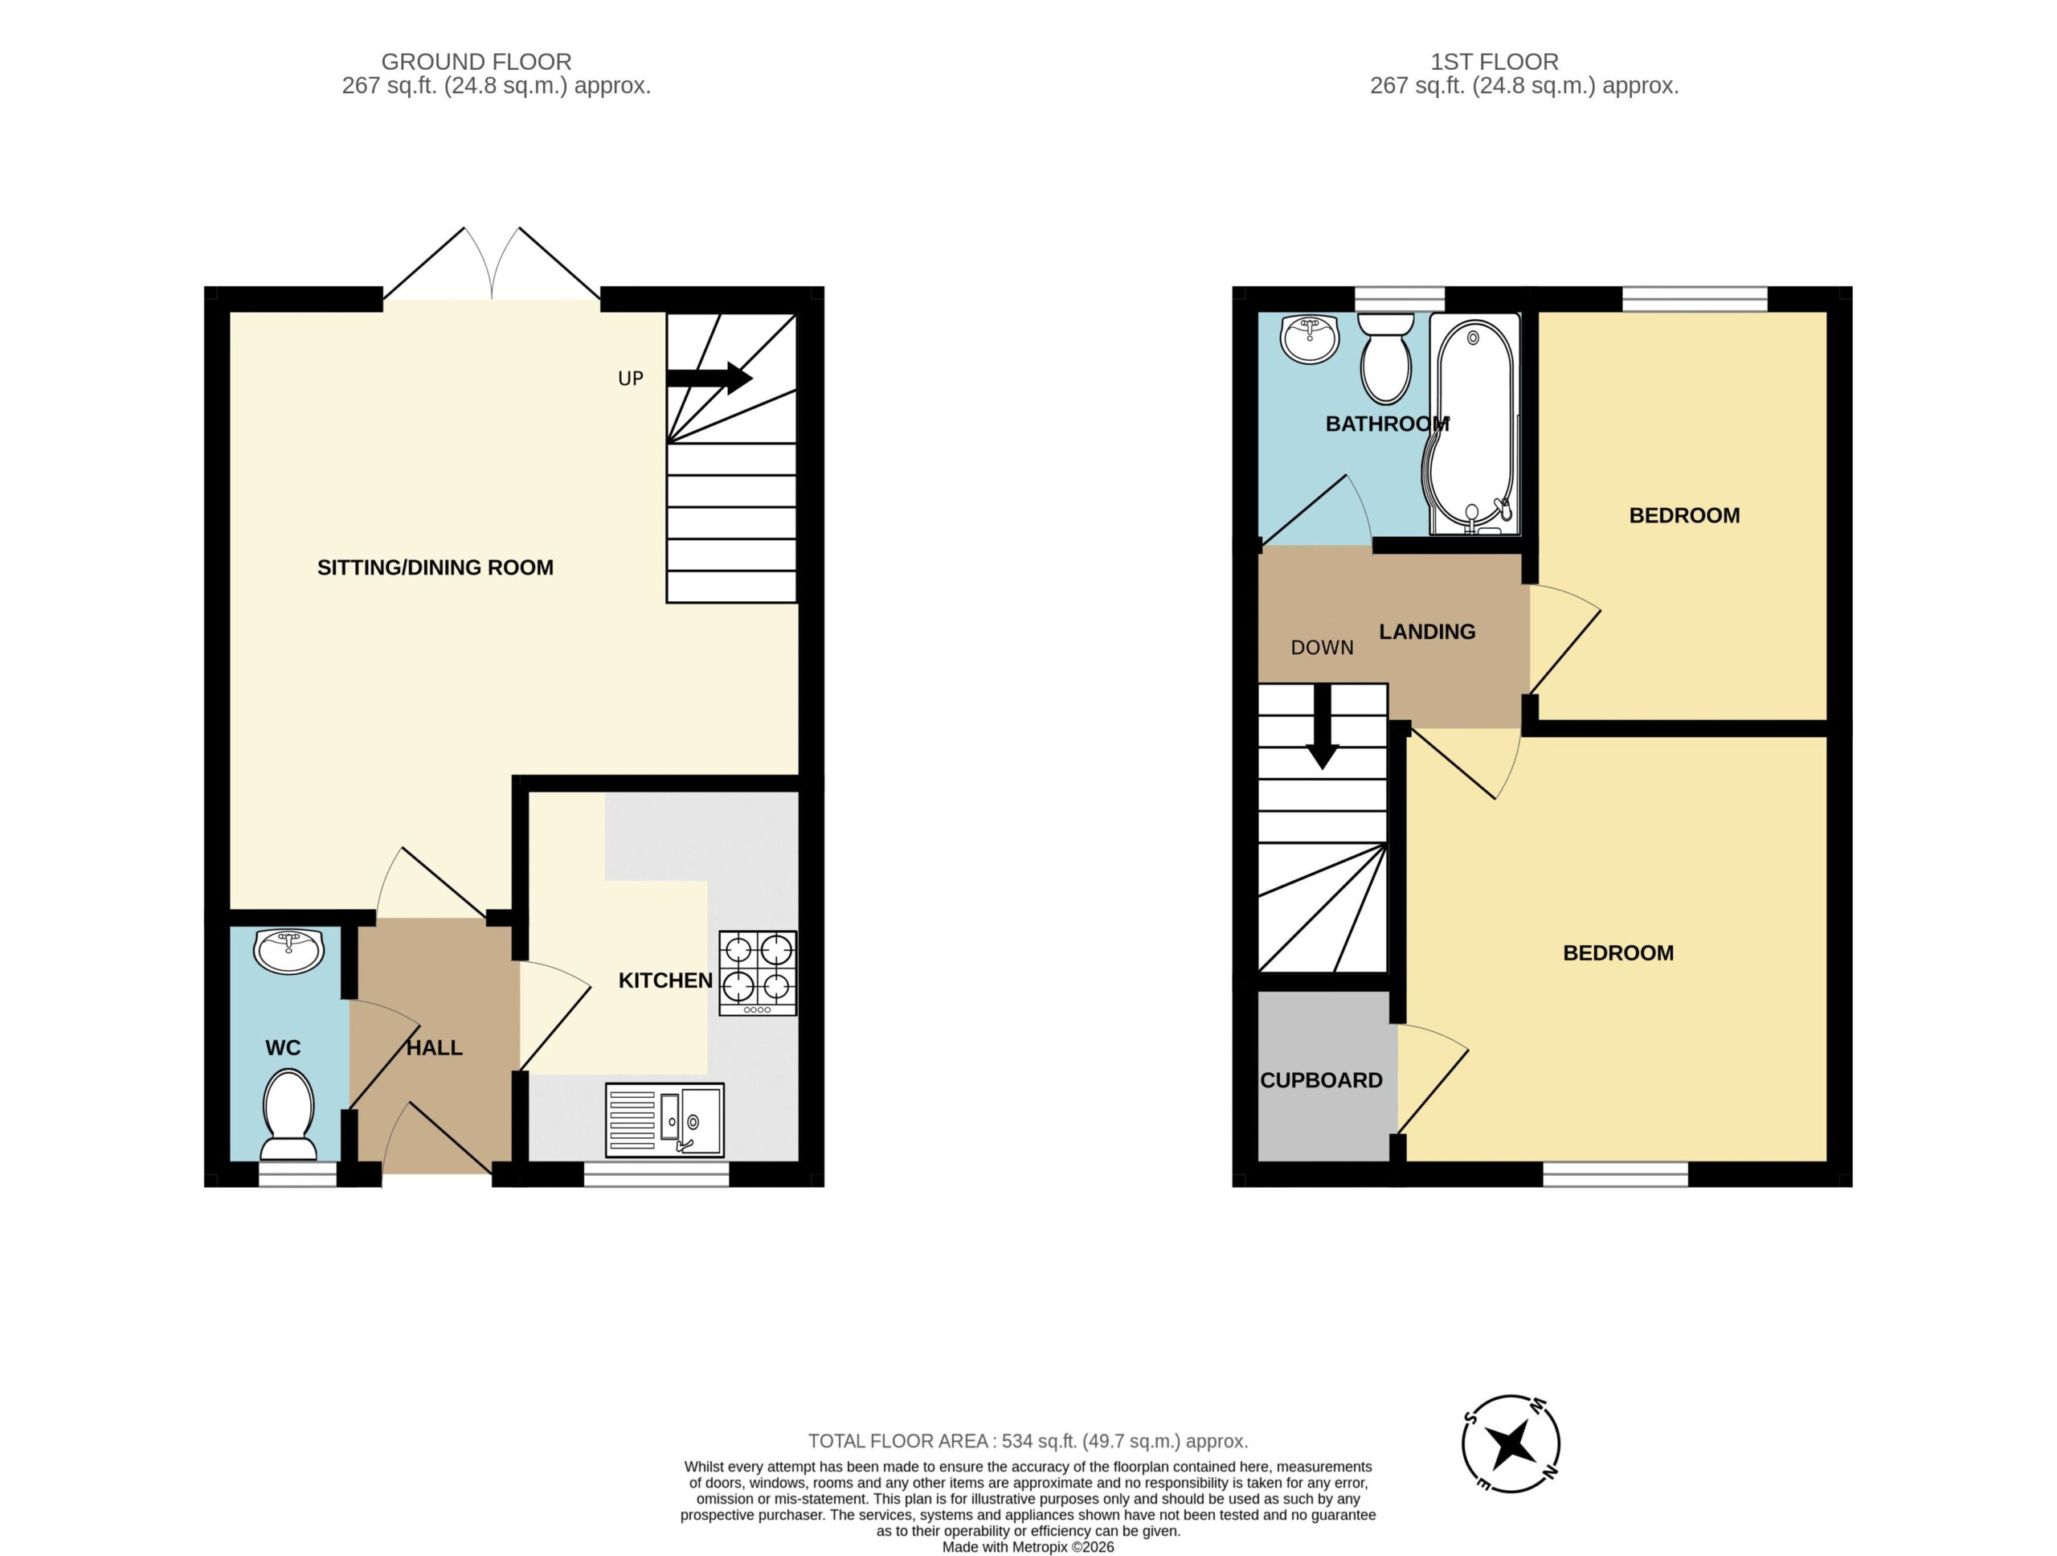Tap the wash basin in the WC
tap(288, 950)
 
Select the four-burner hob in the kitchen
tap(758, 972)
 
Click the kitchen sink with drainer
tap(664, 1120)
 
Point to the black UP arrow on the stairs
tap(710, 378)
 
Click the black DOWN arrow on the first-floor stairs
tap(1322, 727)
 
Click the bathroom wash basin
tap(1310, 338)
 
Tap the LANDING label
tap(1426, 632)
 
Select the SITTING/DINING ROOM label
tap(436, 567)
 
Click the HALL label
tap(434, 1047)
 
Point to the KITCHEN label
tap(666, 981)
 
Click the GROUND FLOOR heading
tap(476, 61)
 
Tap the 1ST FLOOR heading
tap(1495, 61)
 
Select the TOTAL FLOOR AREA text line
tap(1028, 1441)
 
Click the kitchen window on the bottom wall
tap(656, 1173)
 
